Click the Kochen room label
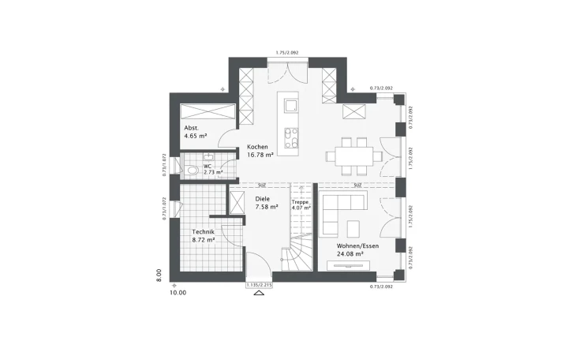[257, 147]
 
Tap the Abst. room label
[191, 128]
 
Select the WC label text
[208, 167]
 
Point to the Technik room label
[204, 231]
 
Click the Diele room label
[262, 199]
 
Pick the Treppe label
[300, 202]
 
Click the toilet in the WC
[193, 170]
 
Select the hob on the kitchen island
[290, 137]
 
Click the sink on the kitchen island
[290, 106]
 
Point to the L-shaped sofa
[341, 207]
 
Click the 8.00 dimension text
[158, 275]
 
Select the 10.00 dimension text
[178, 293]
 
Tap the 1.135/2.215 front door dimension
[258, 284]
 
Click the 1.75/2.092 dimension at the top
[288, 52]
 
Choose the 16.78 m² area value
[260, 156]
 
